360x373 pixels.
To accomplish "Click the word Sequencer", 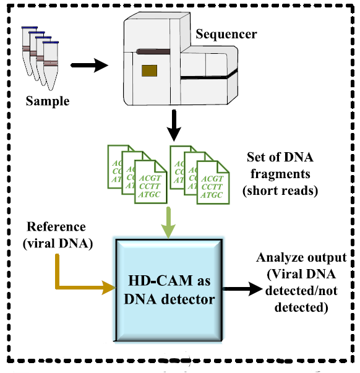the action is (226, 35).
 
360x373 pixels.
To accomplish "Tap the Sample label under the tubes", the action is (48, 101).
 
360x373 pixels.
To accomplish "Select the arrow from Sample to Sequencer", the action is (90, 65).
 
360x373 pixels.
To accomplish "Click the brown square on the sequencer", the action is (150, 71).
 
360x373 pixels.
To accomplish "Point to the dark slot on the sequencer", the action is (153, 51).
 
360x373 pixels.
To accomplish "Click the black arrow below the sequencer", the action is (174, 126).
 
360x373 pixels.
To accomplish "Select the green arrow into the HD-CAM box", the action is (168, 223).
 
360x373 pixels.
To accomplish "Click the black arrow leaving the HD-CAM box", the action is (242, 288).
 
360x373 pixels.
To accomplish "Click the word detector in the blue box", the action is (188, 299).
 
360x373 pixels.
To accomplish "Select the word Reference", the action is (56, 226).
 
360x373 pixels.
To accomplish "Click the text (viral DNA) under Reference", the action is (58, 243).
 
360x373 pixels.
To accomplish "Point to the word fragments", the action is (280, 174).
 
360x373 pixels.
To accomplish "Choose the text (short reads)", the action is (280, 191).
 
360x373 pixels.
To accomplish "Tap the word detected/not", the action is (301, 291).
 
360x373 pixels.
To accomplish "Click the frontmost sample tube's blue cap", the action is (51, 43).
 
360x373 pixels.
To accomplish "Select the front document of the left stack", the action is (150, 182).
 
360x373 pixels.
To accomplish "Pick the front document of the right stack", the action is (213, 182).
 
